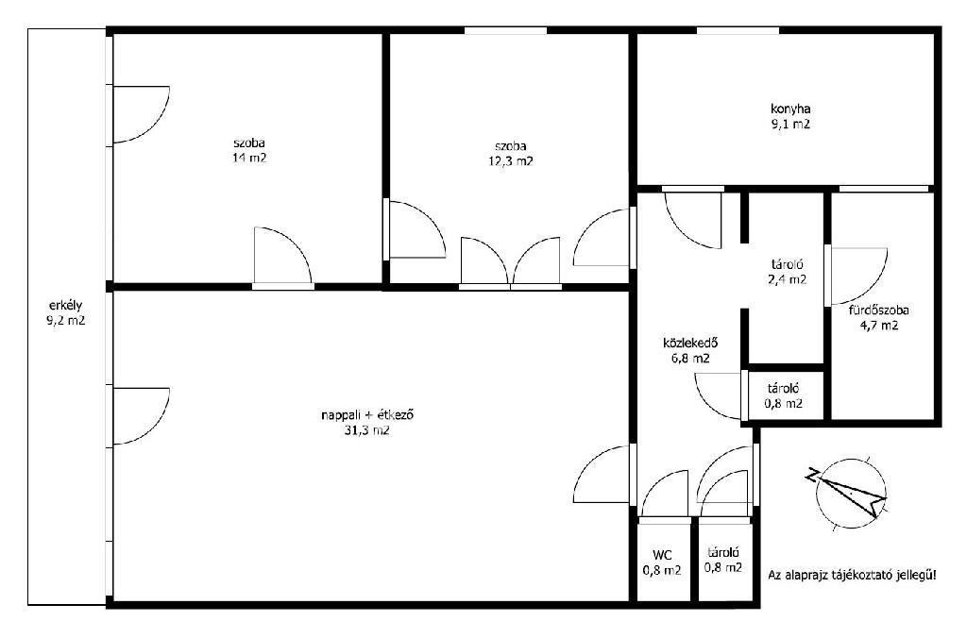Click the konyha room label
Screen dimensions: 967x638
790,109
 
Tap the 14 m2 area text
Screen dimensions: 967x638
249,158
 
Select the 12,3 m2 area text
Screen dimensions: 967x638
511,161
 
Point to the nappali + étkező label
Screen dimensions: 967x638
367,415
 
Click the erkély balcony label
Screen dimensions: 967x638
65,305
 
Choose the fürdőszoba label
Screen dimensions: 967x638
878,311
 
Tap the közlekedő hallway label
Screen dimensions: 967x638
690,343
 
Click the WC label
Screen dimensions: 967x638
662,555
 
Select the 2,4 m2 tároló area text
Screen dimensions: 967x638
787,279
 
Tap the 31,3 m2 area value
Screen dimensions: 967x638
367,430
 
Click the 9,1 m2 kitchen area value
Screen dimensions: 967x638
790,124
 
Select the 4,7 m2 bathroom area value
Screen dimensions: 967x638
879,326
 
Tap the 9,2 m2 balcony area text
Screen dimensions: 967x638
65,321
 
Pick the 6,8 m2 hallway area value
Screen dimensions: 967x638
690,358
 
